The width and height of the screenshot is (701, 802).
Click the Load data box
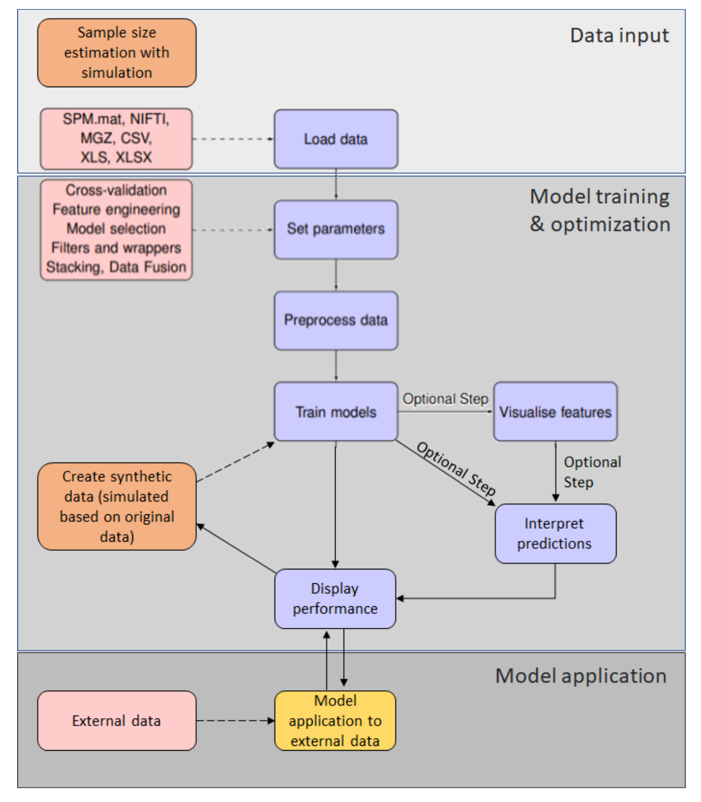point(336,139)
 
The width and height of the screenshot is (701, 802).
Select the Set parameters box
point(336,229)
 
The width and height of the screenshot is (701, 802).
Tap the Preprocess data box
point(336,320)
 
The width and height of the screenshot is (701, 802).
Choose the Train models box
point(336,412)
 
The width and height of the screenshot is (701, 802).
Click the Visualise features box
point(555,412)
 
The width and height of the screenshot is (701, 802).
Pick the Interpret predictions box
point(555,534)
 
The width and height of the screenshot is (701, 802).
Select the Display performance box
point(335,598)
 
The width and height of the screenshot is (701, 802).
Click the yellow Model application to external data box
point(335,721)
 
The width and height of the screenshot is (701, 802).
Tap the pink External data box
point(116,721)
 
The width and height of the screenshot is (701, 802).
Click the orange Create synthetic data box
point(116,506)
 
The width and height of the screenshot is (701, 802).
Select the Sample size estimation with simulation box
point(116,52)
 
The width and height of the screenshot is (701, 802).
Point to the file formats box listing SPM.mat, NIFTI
point(116,138)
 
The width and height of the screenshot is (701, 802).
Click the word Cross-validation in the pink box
point(116,190)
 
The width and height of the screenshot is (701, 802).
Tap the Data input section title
point(619,36)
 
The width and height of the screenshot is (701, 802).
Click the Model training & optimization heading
point(599,211)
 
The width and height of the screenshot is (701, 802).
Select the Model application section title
point(581,676)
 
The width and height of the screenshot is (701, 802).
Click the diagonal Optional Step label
point(456,468)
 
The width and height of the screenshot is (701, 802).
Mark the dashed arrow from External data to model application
point(235,721)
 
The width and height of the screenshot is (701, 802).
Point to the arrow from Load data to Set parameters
point(336,184)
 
